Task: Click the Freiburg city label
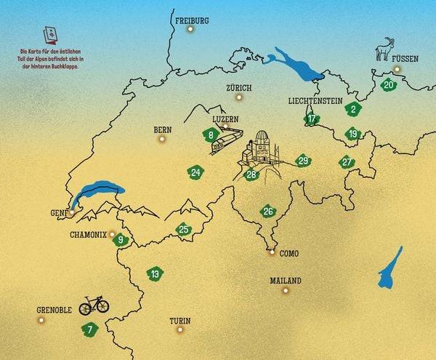coord(192,20)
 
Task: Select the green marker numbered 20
coord(389,84)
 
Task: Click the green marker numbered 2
coord(353,110)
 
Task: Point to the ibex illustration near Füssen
coord(384,49)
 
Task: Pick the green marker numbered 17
coord(312,119)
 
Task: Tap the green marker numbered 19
coord(353,134)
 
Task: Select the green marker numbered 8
coord(210,135)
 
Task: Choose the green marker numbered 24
coord(195,172)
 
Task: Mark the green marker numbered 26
coord(268,212)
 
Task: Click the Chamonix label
coord(88,235)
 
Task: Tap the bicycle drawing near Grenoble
coord(94,304)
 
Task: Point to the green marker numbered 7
coord(89,329)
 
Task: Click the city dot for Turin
coord(180,329)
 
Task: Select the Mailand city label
coord(285,280)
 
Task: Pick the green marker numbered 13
coord(155,274)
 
